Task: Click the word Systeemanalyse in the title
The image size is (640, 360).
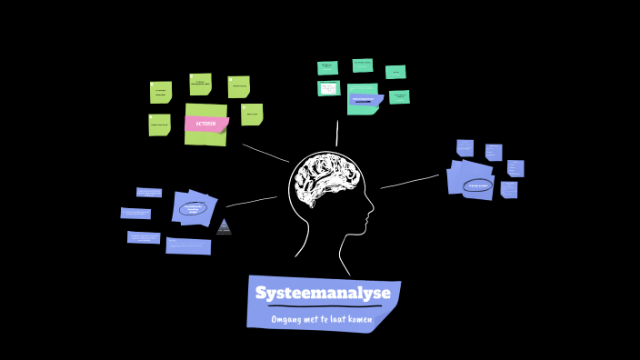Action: pyautogui.click(x=323, y=293)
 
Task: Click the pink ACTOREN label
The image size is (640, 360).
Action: pyautogui.click(x=205, y=124)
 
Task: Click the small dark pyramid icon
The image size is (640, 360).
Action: pyautogui.click(x=224, y=226)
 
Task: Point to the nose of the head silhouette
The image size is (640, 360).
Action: pyautogui.click(x=371, y=215)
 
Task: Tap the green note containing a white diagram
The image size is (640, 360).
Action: pyautogui.click(x=328, y=88)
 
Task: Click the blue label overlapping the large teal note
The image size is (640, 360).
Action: pyautogui.click(x=363, y=99)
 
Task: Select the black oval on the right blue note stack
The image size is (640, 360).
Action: pyautogui.click(x=476, y=185)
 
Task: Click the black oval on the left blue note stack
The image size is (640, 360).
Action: pyautogui.click(x=193, y=208)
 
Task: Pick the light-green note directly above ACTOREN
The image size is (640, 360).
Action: pyautogui.click(x=201, y=84)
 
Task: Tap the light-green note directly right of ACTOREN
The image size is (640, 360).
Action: pyautogui.click(x=252, y=114)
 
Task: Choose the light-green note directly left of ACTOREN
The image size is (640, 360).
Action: pyautogui.click(x=159, y=125)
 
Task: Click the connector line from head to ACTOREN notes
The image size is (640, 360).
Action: pyautogui.click(x=265, y=153)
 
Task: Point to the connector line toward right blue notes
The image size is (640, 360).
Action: pyautogui.click(x=409, y=182)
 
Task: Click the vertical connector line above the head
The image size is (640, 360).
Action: pyautogui.click(x=337, y=133)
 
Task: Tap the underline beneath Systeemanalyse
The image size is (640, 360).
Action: pyautogui.click(x=324, y=306)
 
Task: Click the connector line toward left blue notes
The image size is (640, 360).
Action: pyautogui.click(x=252, y=201)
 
